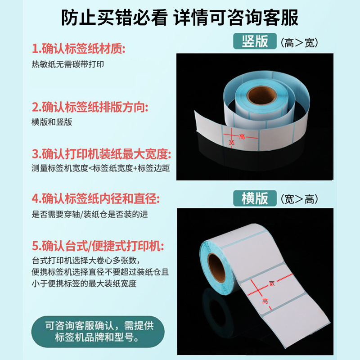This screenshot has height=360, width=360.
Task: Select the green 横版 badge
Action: pos(255,198)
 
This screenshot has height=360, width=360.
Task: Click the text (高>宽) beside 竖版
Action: pos(299,43)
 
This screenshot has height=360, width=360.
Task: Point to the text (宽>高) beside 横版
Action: pos(299,199)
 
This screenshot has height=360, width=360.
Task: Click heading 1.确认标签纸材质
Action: pos(78,48)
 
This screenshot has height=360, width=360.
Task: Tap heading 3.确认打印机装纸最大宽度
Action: pos(102,155)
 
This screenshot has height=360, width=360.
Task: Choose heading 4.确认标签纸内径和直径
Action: pos(96,198)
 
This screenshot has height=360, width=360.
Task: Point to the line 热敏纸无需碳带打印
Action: pos(68,64)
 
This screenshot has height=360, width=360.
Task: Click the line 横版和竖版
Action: pos(52,122)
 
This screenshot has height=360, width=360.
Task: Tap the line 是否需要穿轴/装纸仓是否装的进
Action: pos(90,215)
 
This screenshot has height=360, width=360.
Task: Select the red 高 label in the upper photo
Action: pos(242,137)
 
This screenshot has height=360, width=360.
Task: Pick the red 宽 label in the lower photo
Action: pos(271,283)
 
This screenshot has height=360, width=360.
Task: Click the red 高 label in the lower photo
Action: pos(265,301)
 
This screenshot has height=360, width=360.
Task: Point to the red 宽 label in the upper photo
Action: pos(232,142)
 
